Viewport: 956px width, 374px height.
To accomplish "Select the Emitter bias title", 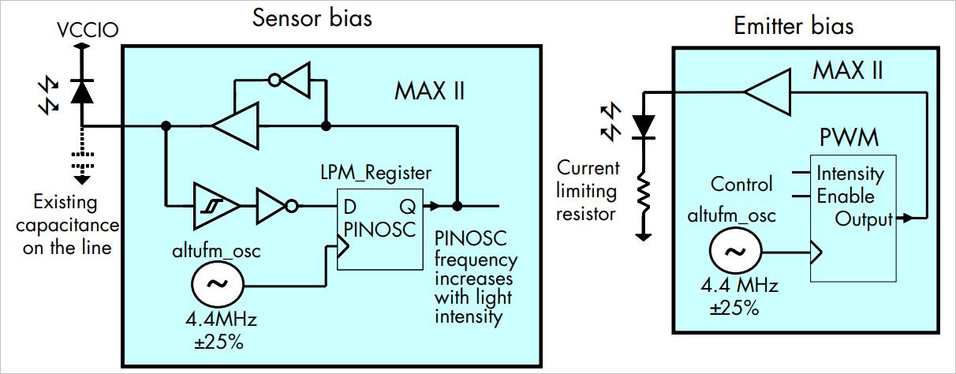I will [793, 26].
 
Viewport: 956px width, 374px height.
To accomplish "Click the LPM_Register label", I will [376, 172].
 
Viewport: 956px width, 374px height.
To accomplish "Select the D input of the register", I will [349, 207].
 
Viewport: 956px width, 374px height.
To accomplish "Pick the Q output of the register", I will [409, 207].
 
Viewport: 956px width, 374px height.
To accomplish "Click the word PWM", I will [848, 138].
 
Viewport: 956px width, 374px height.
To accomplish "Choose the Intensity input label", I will [850, 173].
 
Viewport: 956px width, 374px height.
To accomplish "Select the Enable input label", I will [845, 196].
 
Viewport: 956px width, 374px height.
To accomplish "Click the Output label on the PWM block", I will [864, 219].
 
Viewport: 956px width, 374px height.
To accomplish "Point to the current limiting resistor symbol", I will [644, 193].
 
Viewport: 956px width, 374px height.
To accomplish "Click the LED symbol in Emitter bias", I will [644, 124].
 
